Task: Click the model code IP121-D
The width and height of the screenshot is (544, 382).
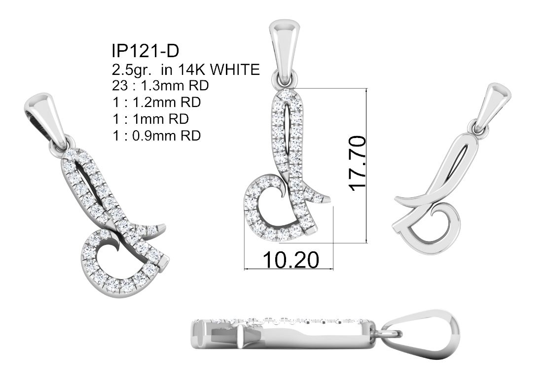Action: click(x=145, y=51)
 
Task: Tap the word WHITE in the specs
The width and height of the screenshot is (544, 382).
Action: click(x=235, y=69)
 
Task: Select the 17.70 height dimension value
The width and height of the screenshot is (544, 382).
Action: click(x=358, y=163)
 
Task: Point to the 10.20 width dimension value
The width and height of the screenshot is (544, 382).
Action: click(x=290, y=260)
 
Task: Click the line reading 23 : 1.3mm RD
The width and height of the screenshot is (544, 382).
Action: click(x=160, y=85)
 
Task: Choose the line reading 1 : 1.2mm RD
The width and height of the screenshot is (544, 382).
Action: click(x=156, y=102)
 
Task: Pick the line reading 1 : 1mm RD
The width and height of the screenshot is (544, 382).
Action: click(x=150, y=119)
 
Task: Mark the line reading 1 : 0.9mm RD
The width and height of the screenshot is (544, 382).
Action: click(x=156, y=135)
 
